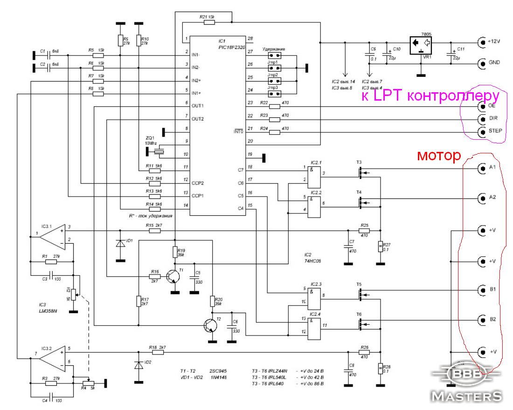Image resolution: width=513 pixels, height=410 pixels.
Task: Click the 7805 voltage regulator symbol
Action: click(419, 46)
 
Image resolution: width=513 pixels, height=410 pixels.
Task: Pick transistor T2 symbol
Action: click(211, 326)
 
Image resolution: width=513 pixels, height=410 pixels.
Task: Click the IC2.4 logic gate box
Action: click(313, 325)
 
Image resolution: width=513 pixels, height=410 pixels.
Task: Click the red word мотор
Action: click(438, 156)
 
